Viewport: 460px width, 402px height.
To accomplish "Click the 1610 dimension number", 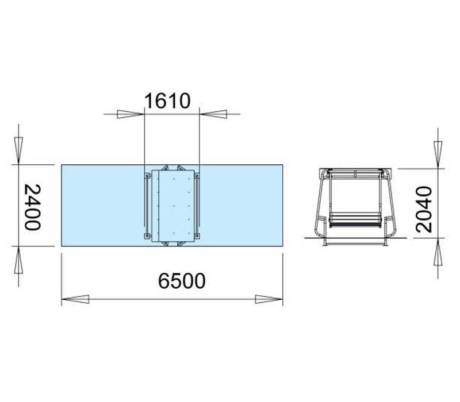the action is pos(167,101).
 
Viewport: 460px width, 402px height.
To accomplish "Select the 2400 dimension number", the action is pos(32,207).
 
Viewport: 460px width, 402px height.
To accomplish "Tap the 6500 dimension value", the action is pos(182,281).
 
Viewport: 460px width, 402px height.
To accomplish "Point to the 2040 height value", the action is pos(424,209).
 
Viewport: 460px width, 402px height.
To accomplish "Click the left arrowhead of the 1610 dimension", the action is pos(131,114).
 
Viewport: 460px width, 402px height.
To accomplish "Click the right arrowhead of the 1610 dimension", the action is pos(213,114).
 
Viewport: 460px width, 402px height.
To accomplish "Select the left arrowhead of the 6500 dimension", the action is pos(75,299).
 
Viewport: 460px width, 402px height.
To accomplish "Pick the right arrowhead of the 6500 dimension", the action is pos(269,299).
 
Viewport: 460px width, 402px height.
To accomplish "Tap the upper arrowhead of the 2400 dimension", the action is pos(18,150).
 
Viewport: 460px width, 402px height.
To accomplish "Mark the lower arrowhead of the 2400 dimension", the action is pos(18,260).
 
